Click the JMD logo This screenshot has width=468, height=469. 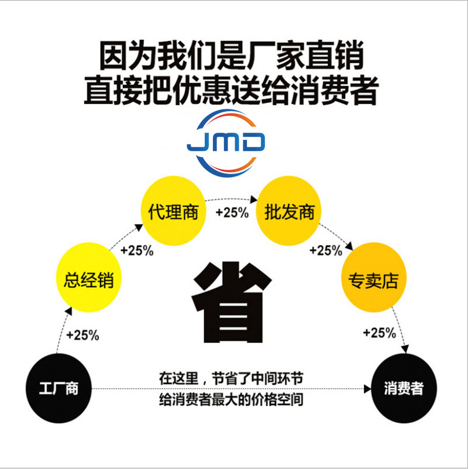226,142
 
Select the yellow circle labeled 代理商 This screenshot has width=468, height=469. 173,211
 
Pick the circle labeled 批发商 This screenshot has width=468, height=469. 289,211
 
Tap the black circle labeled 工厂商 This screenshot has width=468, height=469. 58,388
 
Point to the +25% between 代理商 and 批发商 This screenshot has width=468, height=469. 232,212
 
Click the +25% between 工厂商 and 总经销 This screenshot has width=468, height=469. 82,336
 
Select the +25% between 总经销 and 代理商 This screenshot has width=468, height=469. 137,251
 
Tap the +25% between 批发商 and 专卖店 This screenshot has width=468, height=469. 326,251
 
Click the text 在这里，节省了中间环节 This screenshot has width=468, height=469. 231,378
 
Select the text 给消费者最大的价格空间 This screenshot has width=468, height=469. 231,402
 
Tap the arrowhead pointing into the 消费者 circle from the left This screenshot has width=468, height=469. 368,388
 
